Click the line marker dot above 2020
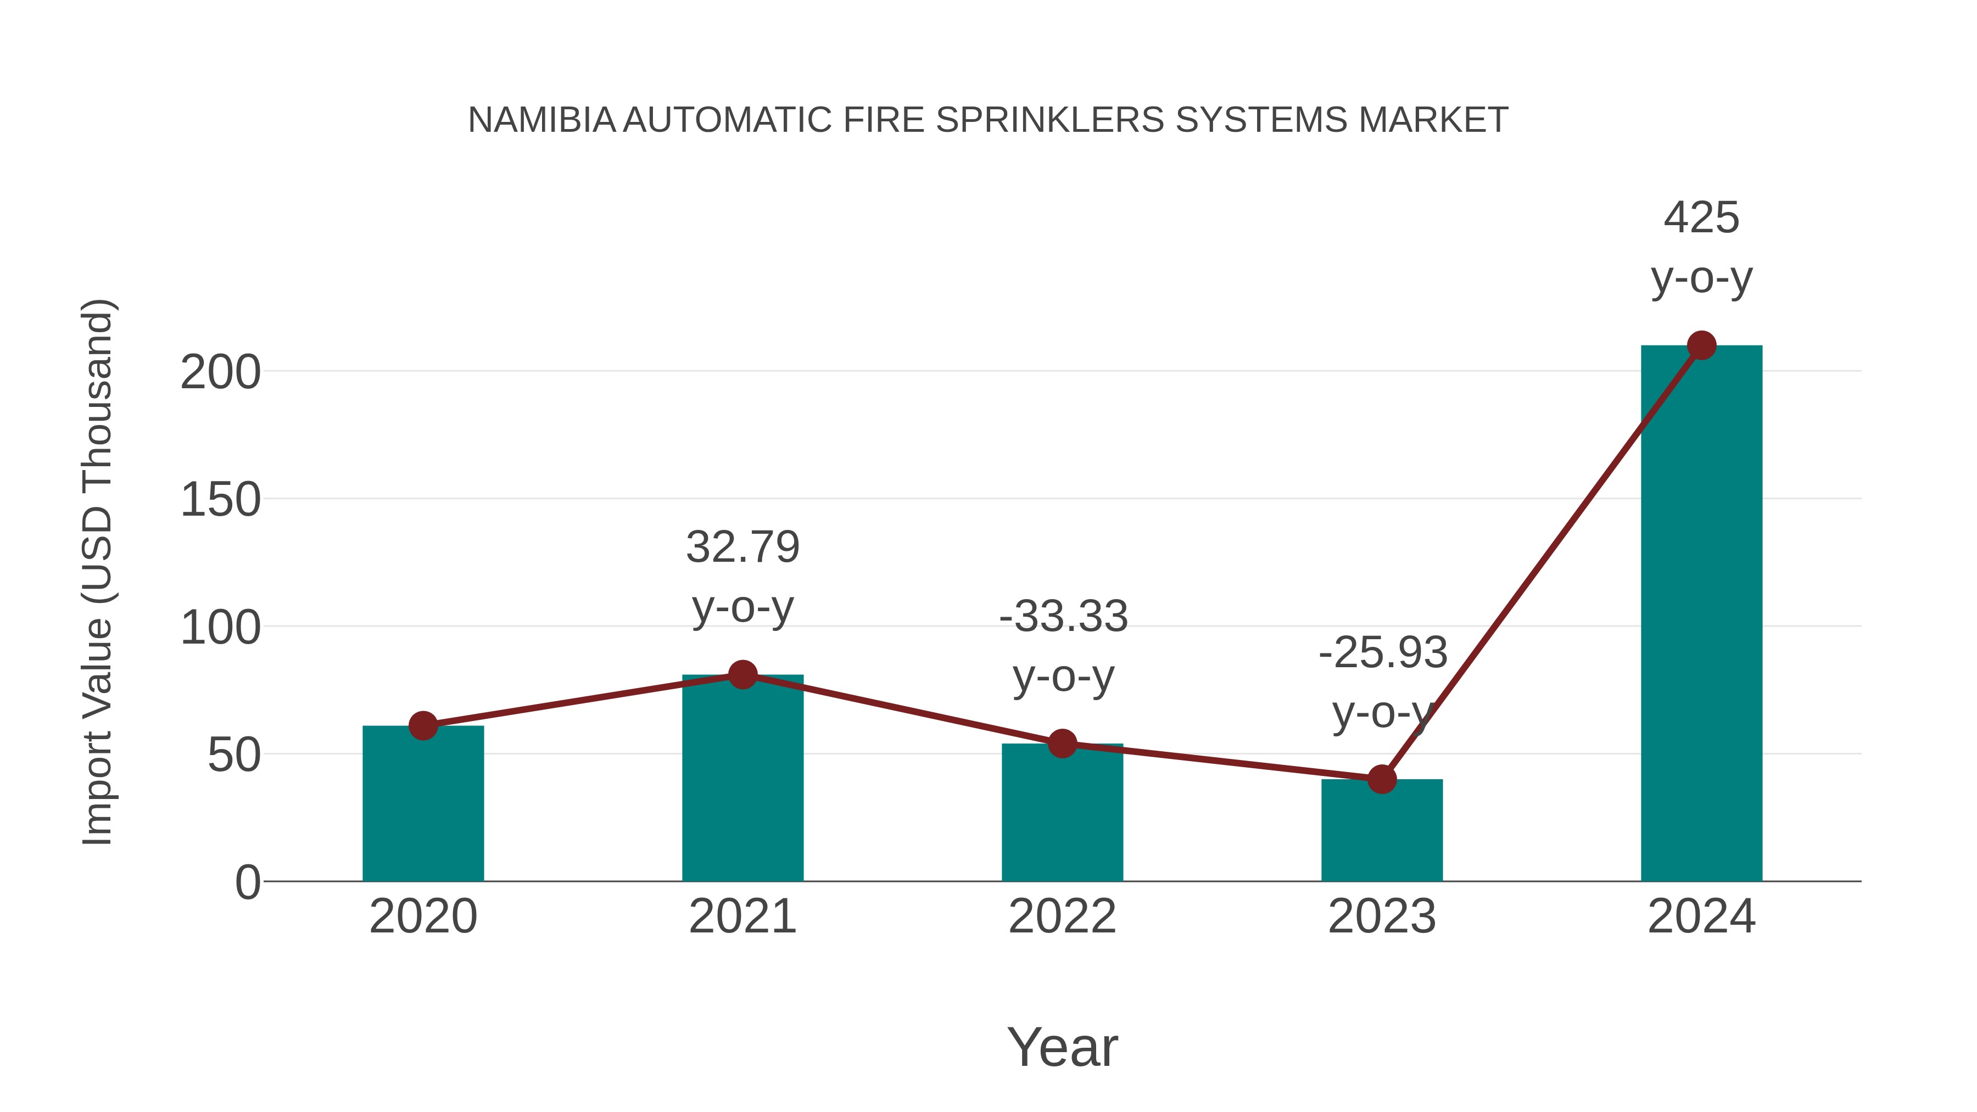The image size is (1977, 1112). coord(423,725)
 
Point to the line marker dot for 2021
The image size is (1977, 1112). coord(742,674)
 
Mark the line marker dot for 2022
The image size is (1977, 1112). coord(1062,743)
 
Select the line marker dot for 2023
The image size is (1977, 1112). coord(1382,779)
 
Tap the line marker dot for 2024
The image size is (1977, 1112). coord(1701,345)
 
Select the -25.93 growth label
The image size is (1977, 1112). coord(1382,653)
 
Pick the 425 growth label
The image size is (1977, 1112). coord(1701,218)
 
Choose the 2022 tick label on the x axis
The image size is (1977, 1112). coord(1062,917)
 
